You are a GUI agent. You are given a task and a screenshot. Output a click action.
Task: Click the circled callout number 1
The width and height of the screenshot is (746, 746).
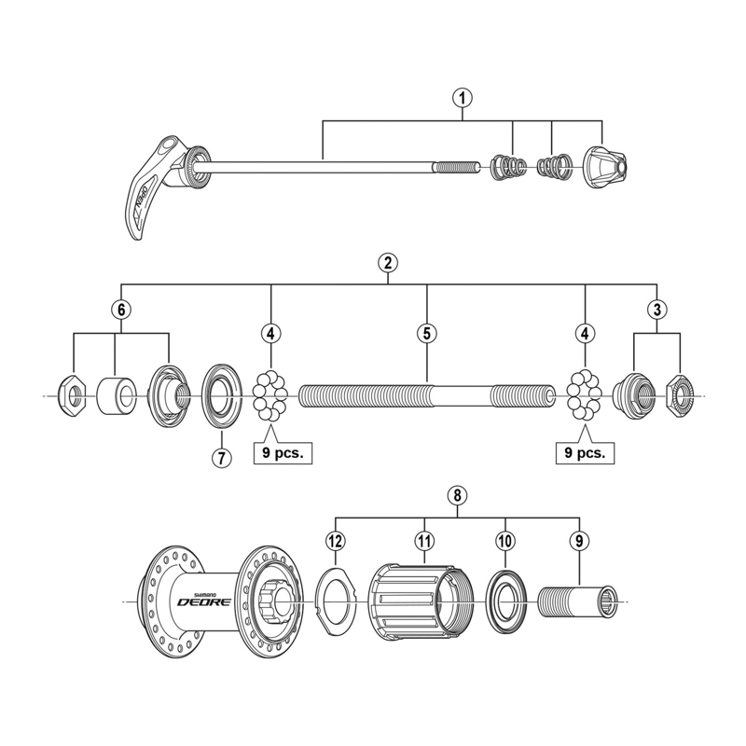pyautogui.click(x=463, y=95)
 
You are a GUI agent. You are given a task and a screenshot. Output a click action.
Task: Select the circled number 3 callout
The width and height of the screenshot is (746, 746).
pyautogui.click(x=657, y=308)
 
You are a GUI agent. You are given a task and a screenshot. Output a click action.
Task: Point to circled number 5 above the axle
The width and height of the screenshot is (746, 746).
pyautogui.click(x=426, y=332)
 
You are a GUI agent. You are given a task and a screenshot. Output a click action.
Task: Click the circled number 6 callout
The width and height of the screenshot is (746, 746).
pyautogui.click(x=119, y=308)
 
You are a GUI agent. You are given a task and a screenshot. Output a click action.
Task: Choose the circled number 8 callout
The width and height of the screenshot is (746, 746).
pyautogui.click(x=456, y=496)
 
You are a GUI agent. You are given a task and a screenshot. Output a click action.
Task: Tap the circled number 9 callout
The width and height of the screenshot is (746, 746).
pyautogui.click(x=579, y=540)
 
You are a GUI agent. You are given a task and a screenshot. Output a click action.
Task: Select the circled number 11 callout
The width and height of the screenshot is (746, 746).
pyautogui.click(x=425, y=540)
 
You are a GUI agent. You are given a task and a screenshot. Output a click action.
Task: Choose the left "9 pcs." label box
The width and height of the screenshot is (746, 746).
pyautogui.click(x=282, y=453)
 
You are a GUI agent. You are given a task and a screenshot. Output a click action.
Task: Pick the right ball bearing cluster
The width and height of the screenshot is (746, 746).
pyautogui.click(x=585, y=396)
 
